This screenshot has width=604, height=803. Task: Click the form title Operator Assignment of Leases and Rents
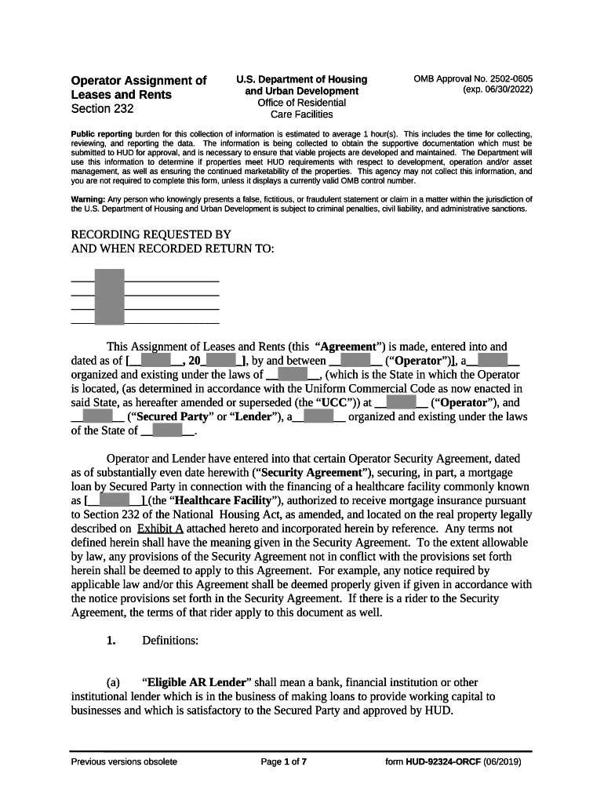138,87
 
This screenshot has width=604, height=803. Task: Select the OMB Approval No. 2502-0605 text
473,79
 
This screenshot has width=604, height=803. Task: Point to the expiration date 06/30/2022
497,90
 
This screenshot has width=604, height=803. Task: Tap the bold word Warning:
88,199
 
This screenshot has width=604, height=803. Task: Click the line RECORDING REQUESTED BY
151,234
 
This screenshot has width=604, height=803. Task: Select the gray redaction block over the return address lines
109,296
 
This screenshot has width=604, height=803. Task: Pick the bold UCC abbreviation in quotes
333,403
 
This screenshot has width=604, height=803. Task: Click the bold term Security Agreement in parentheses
311,473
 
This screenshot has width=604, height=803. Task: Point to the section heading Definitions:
170,641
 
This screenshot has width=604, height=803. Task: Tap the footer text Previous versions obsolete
124,762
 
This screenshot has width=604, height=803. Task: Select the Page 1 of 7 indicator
283,762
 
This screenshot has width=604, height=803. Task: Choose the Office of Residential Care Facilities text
301,108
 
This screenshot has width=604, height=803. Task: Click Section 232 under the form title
102,109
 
